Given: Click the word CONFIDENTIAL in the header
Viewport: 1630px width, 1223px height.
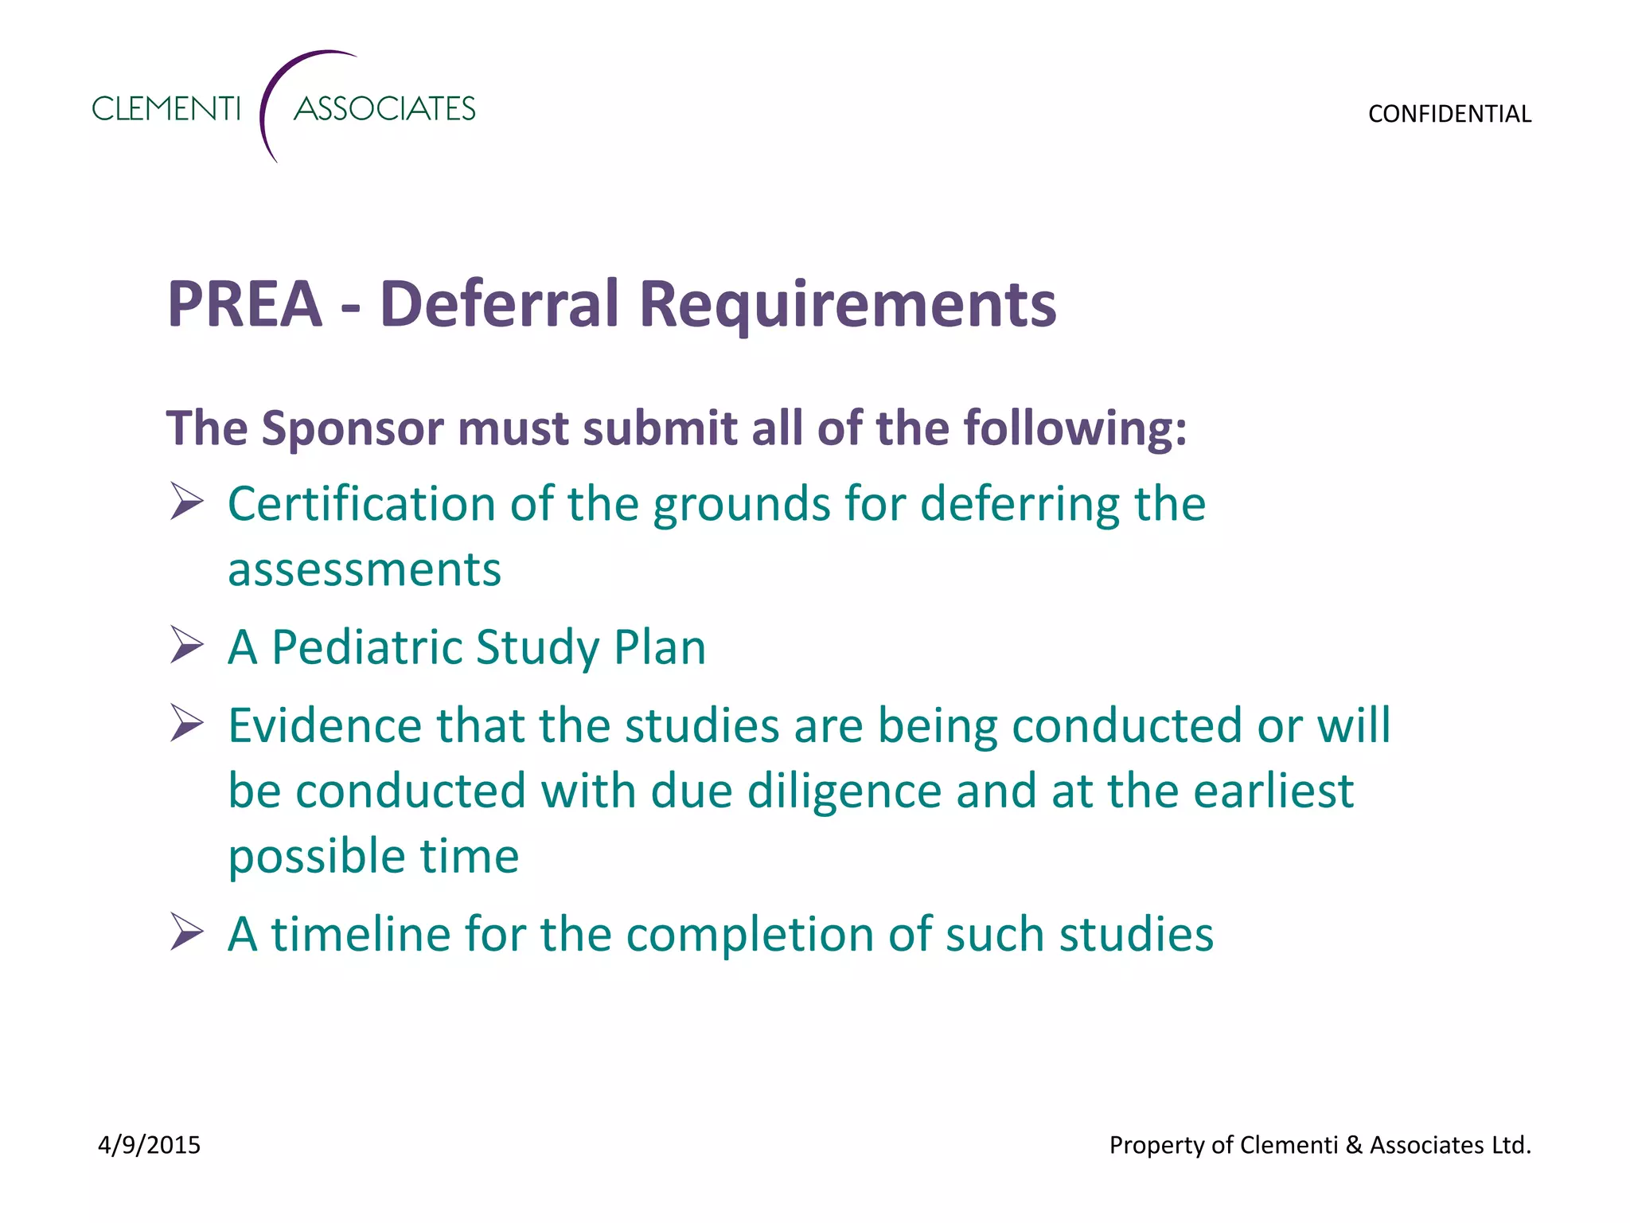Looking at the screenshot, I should point(1449,114).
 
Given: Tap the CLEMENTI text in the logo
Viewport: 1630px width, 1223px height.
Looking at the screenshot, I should point(166,108).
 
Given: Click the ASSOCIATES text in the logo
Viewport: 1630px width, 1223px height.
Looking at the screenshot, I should point(384,108).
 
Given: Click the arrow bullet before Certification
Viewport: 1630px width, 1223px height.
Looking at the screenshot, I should point(186,502).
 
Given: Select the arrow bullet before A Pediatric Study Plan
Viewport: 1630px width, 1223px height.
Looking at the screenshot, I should point(186,645).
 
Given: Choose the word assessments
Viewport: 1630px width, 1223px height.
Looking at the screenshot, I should point(365,570).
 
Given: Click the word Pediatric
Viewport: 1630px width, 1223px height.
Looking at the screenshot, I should point(367,647).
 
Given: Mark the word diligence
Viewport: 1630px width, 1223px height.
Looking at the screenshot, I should point(844,791).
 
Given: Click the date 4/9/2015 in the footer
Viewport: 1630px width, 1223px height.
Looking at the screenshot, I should point(149,1145).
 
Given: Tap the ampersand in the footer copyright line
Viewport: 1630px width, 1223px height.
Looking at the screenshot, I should point(1354,1145).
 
